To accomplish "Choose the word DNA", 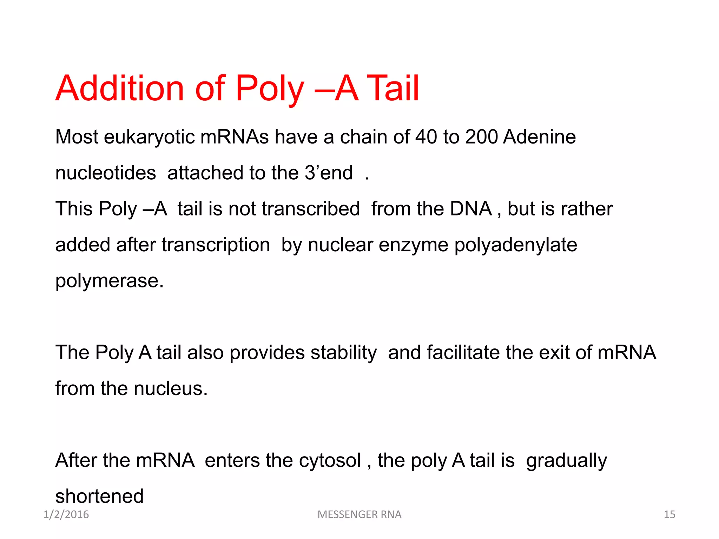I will tap(471, 209).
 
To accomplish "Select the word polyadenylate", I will tap(516, 245).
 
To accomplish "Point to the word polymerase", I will tap(109, 281).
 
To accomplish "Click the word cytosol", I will tap(330, 460).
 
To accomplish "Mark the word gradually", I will tap(566, 460).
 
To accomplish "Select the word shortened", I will tap(99, 496).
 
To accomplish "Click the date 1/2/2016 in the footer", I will tap(66, 514).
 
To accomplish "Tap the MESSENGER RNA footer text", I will tap(359, 514).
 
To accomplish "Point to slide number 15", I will tap(669, 514).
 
